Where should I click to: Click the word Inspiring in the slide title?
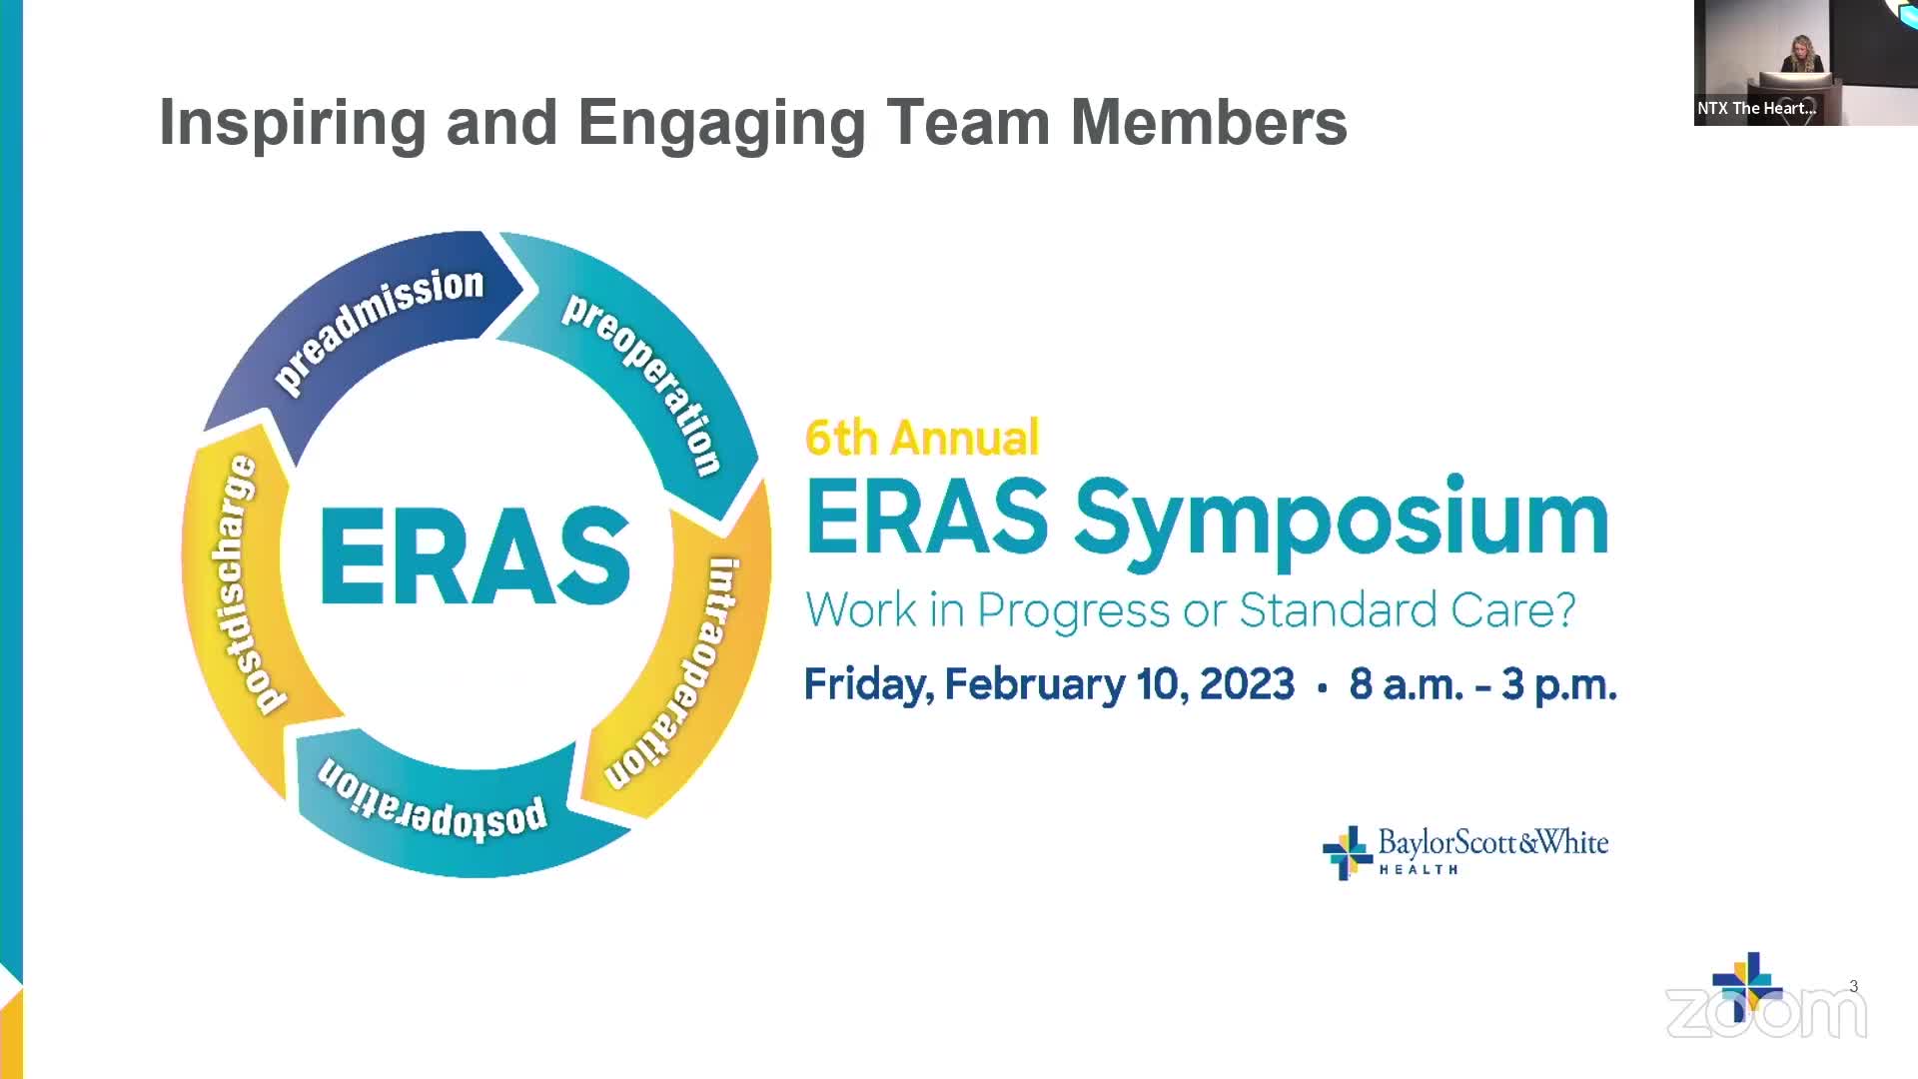293,124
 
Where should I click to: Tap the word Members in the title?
1209,122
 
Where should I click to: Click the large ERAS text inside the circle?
475,555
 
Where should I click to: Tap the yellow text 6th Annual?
922,438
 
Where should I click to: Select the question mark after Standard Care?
1564,609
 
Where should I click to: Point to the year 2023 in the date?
1247,685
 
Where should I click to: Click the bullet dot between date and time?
1323,688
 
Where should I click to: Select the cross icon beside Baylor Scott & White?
1347,853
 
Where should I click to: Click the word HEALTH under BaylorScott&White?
1419,870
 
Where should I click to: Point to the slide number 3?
1854,986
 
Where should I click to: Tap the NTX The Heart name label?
1756,108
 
